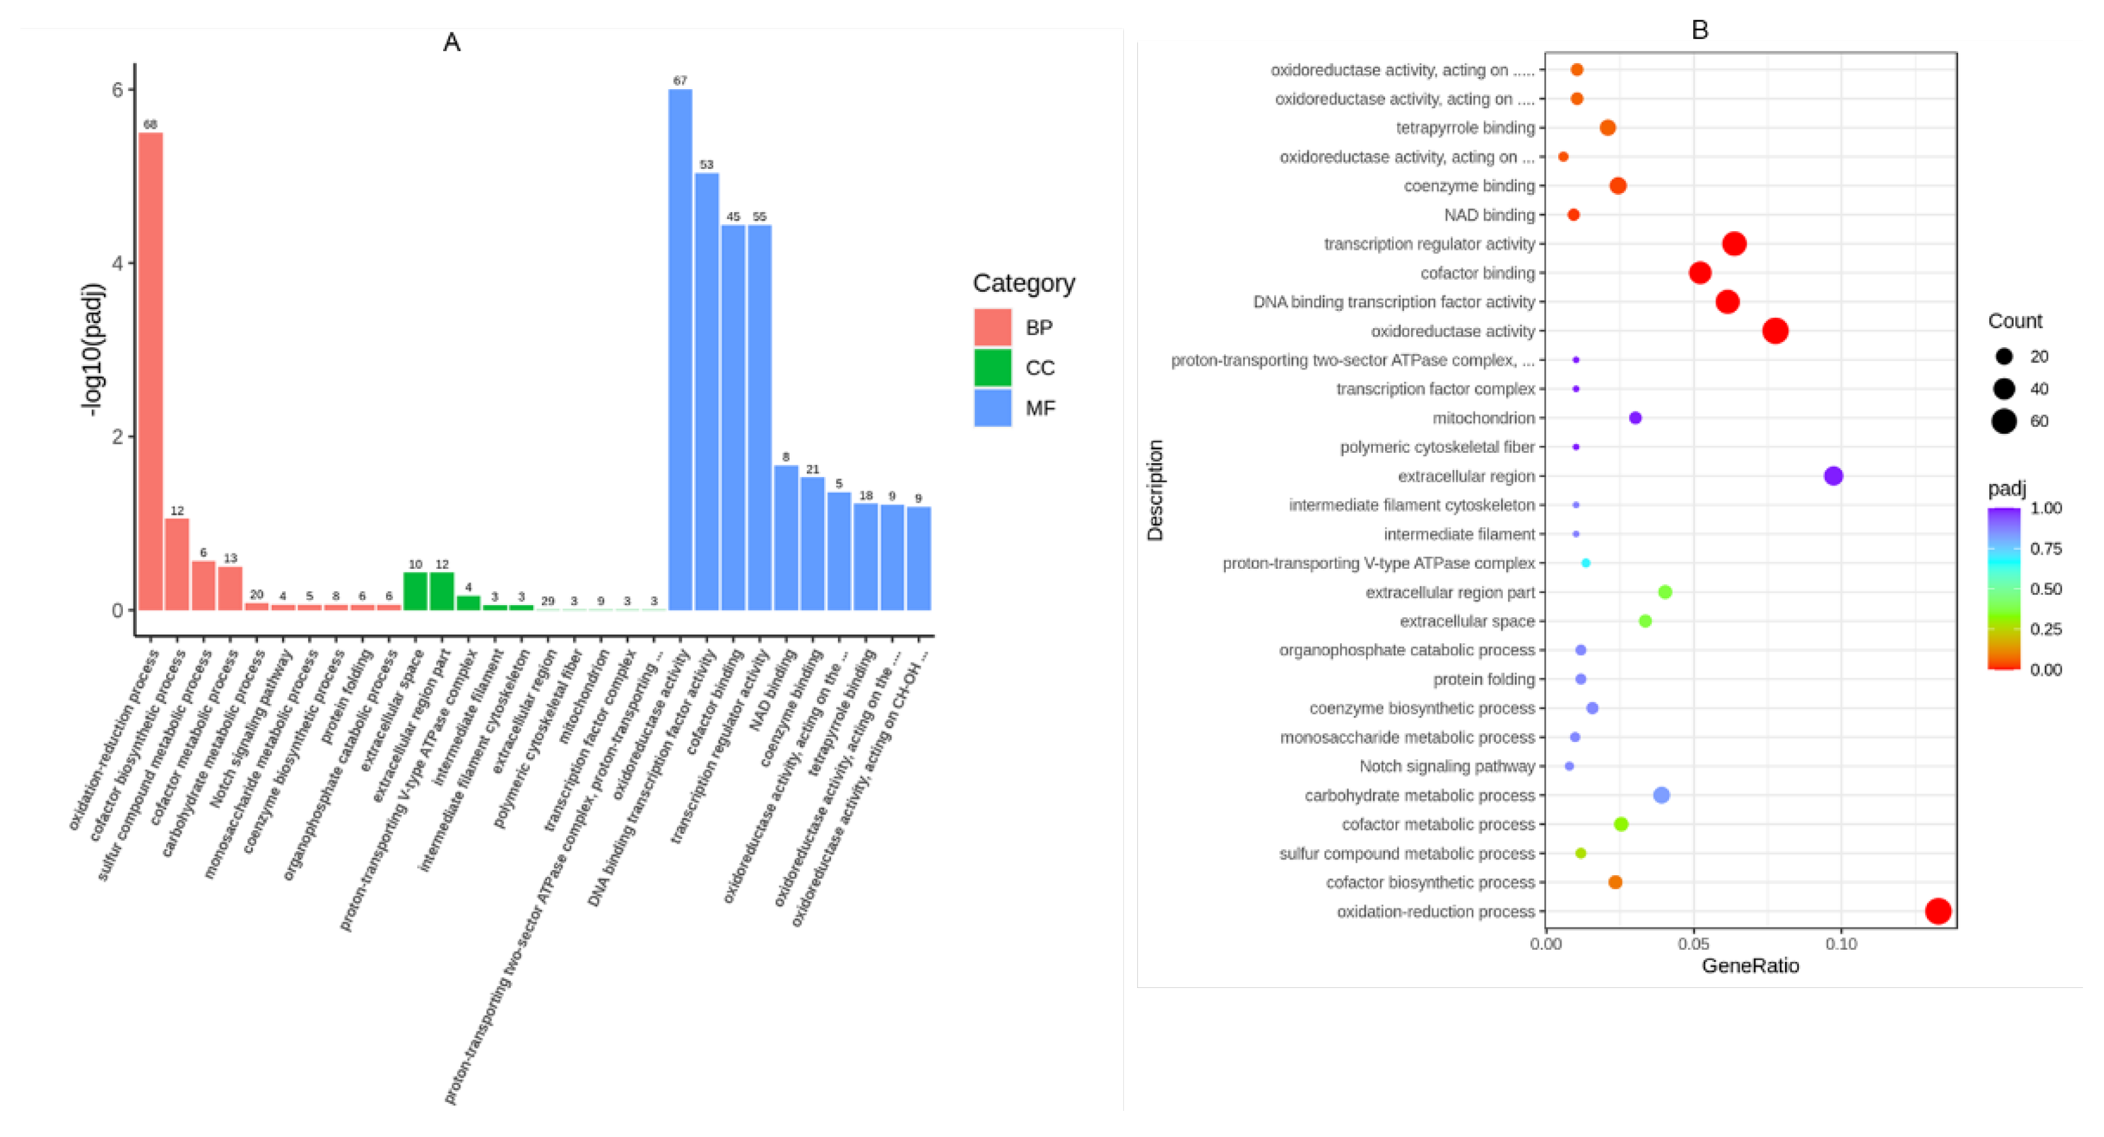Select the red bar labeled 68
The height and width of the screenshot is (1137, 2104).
(x=150, y=371)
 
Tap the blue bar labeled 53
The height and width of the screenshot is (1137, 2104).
(x=706, y=392)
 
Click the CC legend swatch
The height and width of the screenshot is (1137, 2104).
(x=992, y=368)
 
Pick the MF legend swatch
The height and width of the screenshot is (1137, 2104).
(x=992, y=408)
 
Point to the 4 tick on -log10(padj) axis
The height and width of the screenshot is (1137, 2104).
(x=119, y=263)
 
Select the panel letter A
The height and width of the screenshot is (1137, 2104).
(x=451, y=43)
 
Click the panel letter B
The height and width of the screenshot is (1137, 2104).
(x=1700, y=30)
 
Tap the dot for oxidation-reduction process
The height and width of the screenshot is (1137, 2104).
(x=1937, y=911)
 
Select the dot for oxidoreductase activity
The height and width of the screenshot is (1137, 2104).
(x=1775, y=331)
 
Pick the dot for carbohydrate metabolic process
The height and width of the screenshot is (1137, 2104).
(x=1661, y=795)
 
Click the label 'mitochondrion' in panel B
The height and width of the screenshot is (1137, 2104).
(x=1483, y=418)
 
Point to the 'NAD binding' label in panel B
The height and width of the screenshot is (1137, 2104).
(x=1489, y=215)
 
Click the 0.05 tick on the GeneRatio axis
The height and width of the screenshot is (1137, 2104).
(x=1693, y=944)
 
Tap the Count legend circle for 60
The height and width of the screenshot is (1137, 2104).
(x=2003, y=422)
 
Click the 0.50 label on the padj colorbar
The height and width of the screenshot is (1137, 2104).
(x=2045, y=589)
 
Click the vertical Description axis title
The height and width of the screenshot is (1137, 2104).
(x=1155, y=490)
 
